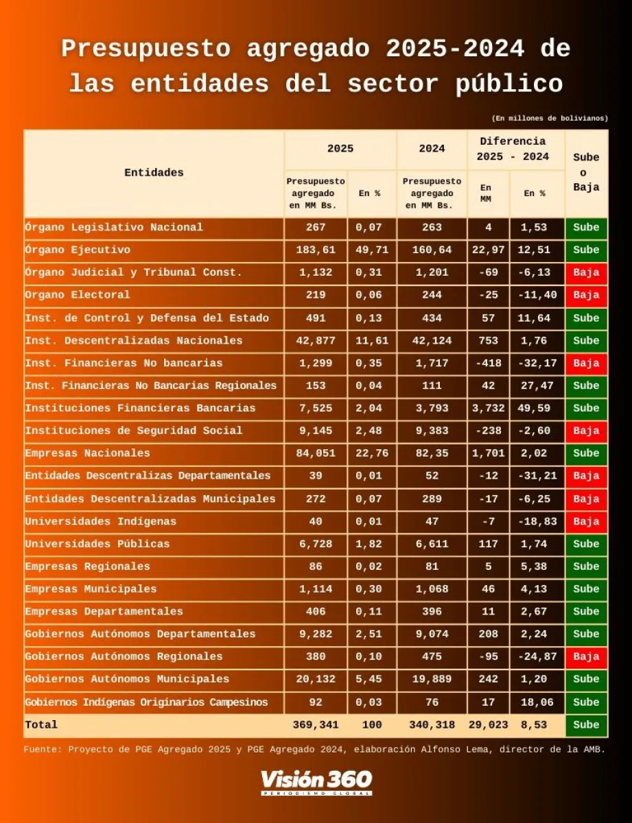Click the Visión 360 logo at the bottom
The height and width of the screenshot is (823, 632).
point(316,781)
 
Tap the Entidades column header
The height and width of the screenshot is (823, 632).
point(154,173)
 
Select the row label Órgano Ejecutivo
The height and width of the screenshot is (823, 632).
point(78,250)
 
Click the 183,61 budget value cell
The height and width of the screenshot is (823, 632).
point(316,250)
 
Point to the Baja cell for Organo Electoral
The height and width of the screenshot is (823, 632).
point(586,296)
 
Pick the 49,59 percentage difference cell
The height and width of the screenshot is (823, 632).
point(535,408)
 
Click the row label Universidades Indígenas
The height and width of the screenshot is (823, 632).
point(101,521)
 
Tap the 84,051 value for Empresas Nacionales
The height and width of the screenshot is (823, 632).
point(316,453)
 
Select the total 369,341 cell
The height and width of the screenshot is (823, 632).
point(316,725)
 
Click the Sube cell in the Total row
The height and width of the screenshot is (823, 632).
point(586,725)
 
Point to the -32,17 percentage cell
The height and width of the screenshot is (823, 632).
point(535,363)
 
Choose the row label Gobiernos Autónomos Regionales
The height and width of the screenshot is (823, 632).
point(124,657)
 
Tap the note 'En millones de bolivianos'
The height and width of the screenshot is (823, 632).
point(550,119)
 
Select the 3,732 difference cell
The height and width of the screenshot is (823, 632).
point(488,408)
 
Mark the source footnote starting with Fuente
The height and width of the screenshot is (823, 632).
point(314,750)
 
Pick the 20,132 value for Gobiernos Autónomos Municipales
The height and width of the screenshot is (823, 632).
point(316,679)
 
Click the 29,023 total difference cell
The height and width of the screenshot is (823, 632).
point(488,725)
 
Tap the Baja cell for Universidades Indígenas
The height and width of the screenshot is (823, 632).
point(586,521)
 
